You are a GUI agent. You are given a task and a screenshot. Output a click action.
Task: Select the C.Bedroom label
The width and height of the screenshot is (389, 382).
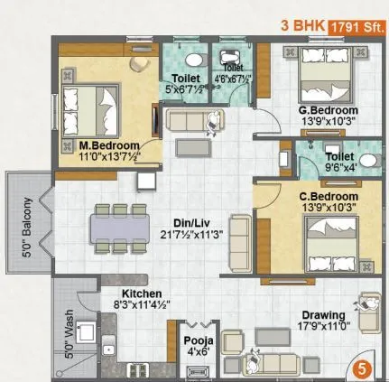pos(329,196)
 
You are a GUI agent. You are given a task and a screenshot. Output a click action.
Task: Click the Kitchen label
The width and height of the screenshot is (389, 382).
pos(143,294)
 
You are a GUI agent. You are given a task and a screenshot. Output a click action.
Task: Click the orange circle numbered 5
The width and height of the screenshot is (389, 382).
pos(361,368)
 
